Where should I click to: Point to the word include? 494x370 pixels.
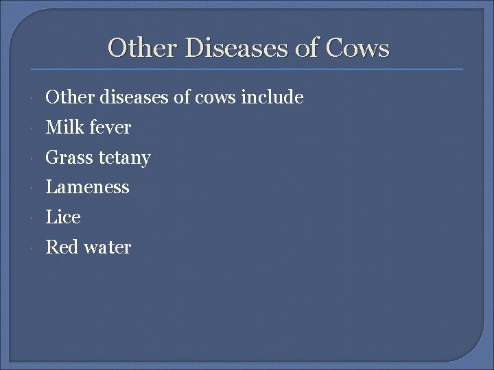[272, 97]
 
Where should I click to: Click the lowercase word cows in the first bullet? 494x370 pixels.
[214, 97]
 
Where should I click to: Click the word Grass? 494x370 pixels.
[69, 158]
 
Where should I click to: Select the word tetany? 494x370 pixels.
[123, 158]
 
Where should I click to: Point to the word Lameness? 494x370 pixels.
[87, 187]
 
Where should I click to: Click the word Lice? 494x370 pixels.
[63, 217]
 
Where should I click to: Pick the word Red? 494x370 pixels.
[61, 247]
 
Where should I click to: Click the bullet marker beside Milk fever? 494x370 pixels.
[35, 128]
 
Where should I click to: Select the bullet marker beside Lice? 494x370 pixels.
[35, 218]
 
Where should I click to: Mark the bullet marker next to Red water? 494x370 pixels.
[35, 248]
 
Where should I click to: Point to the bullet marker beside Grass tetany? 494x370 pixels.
[35, 158]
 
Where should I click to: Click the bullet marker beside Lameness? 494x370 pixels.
[35, 188]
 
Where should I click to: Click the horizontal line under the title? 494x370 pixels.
[247, 69]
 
